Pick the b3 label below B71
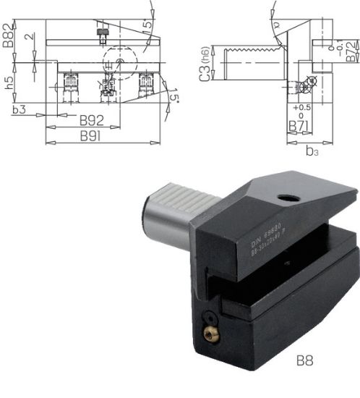pos(312,151)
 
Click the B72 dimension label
pos(351,52)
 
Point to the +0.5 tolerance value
pos(301,108)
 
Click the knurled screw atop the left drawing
pos(103,32)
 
